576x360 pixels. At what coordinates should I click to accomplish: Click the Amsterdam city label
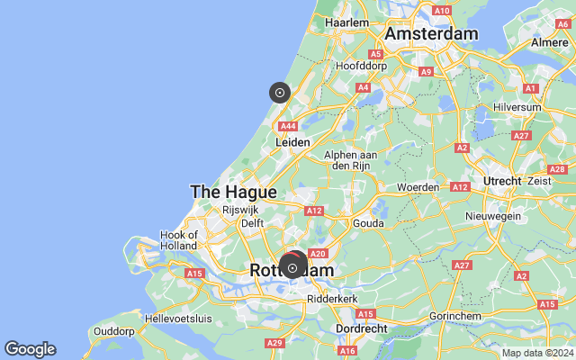(x=431, y=33)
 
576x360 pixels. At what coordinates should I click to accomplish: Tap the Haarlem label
(x=346, y=22)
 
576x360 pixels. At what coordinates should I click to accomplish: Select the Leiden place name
(x=292, y=142)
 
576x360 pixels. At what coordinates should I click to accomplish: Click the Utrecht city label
(x=501, y=181)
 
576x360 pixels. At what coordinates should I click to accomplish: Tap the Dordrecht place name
(x=360, y=329)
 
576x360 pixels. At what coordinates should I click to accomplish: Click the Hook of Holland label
(x=179, y=240)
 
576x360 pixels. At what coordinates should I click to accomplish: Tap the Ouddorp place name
(x=113, y=331)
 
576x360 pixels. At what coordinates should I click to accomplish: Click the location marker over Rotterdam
(x=292, y=268)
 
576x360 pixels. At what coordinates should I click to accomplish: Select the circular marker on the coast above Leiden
(x=280, y=92)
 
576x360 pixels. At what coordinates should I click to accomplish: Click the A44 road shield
(x=289, y=127)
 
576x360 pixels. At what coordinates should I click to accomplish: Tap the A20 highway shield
(x=316, y=255)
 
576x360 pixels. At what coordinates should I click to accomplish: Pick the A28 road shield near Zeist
(x=557, y=169)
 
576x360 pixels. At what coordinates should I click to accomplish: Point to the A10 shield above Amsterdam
(x=442, y=10)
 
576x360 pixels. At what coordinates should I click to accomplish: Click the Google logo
(x=30, y=349)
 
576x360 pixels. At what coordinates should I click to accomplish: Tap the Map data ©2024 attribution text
(x=537, y=353)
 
